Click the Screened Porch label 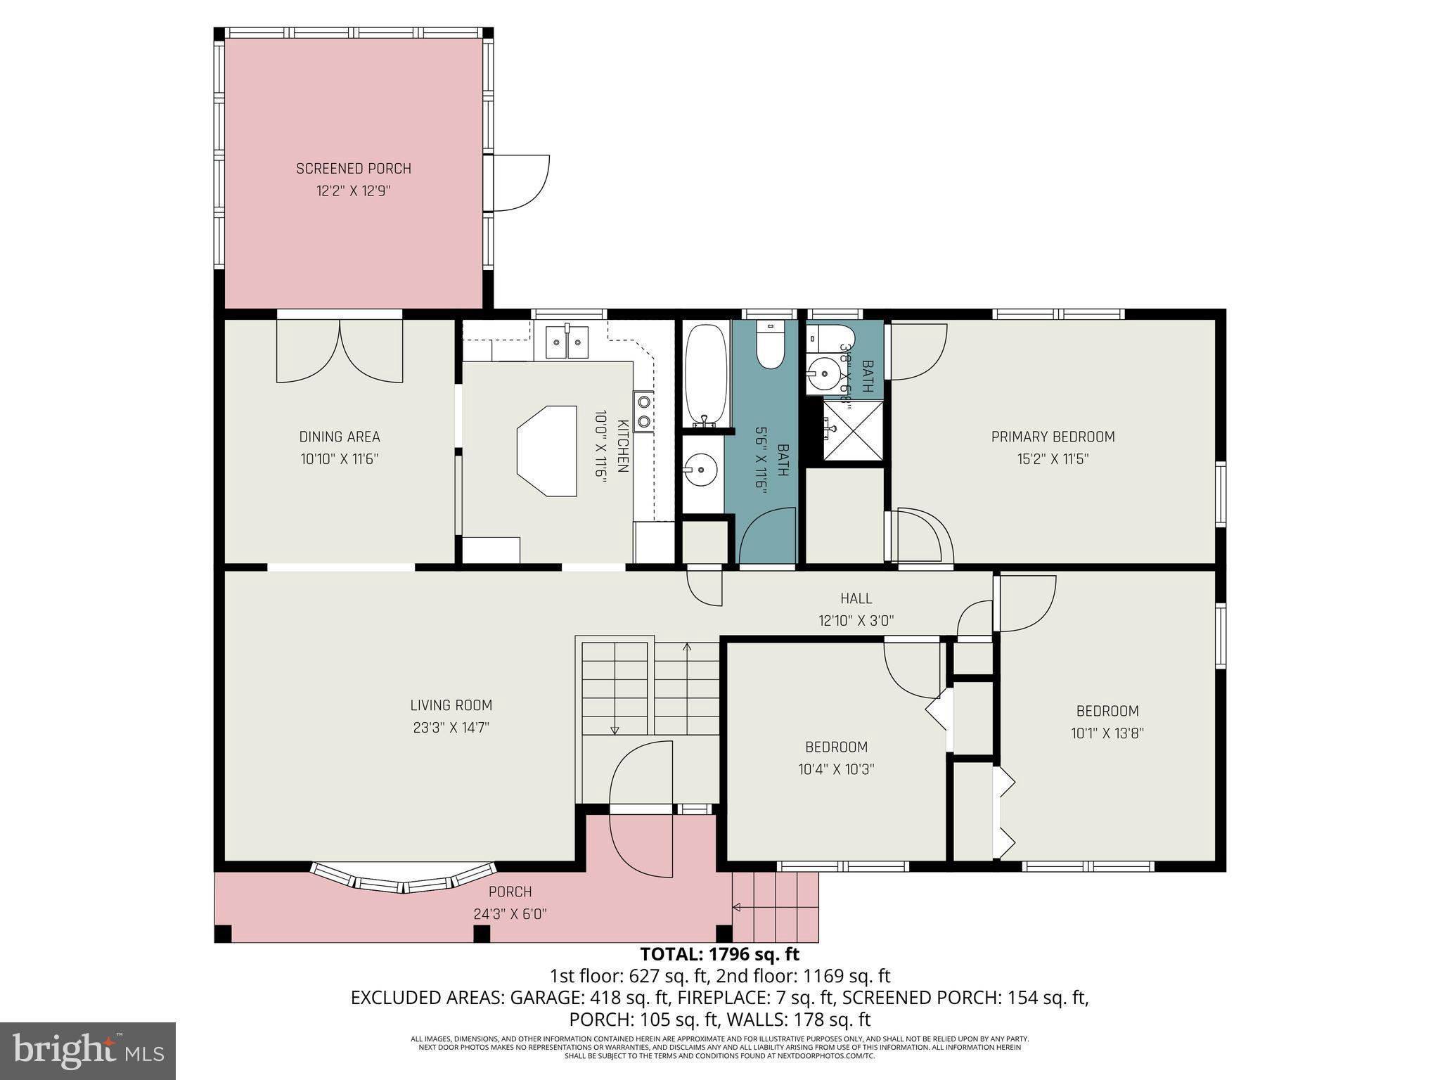(x=353, y=169)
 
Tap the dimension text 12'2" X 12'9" (x=353, y=191)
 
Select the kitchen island (x=547, y=451)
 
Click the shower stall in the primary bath (x=853, y=430)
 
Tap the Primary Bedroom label (x=1053, y=437)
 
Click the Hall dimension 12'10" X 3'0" (x=856, y=621)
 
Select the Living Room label (x=451, y=705)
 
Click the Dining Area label (x=340, y=437)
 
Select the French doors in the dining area (x=340, y=352)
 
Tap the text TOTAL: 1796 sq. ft (x=719, y=954)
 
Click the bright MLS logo (x=88, y=1050)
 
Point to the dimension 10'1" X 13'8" (x=1107, y=733)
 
